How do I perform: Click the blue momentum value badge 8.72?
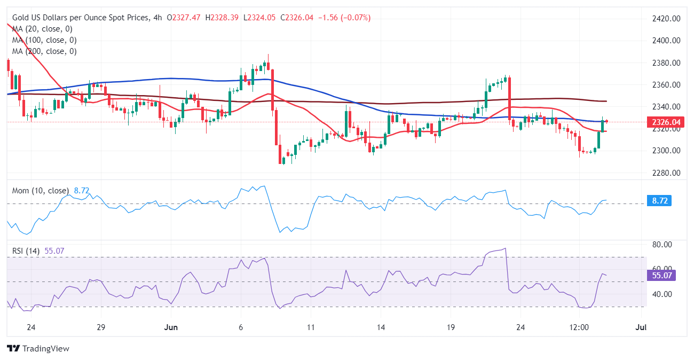pos(661,201)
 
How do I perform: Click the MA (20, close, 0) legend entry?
pos(42,29)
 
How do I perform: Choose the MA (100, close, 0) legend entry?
pos(44,40)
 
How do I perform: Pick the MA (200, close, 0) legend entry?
pos(44,51)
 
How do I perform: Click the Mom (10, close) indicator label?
pos(40,191)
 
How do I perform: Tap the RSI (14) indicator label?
pos(26,251)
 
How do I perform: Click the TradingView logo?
pos(38,348)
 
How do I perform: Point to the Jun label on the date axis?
pos(171,327)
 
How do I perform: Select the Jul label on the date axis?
pos(641,327)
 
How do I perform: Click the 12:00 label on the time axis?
pos(579,327)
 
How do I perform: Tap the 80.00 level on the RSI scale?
pos(663,245)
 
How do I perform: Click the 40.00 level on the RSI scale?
pos(663,294)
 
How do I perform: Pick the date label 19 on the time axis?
pos(451,327)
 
